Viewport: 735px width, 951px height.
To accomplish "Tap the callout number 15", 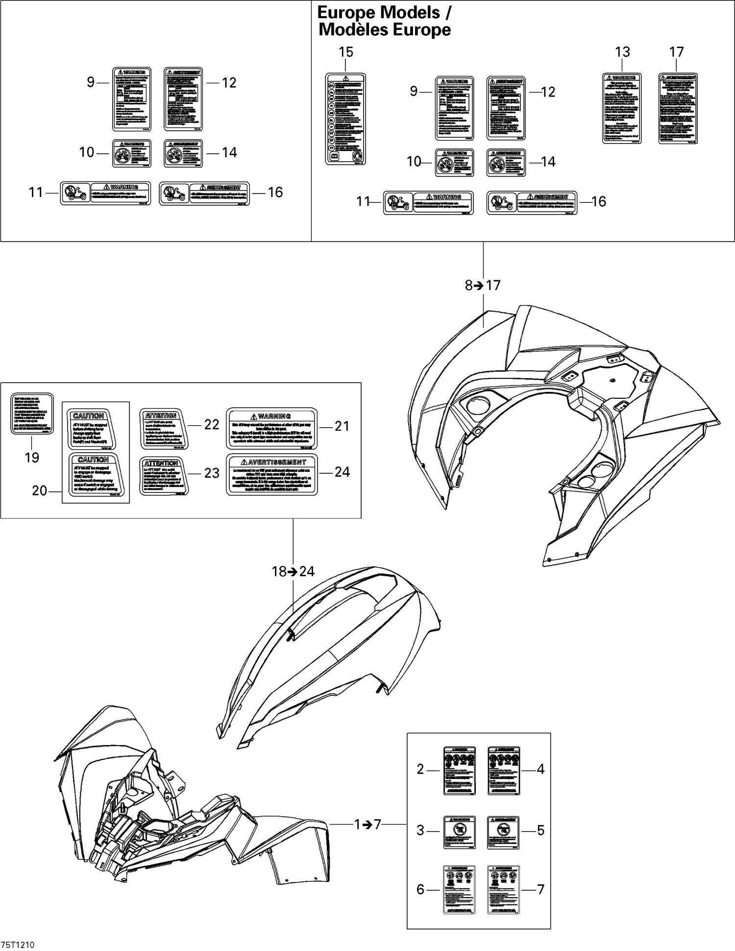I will (x=346, y=52).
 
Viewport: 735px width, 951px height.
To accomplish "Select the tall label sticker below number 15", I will (x=345, y=119).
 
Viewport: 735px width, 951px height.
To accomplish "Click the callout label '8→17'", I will (x=483, y=285).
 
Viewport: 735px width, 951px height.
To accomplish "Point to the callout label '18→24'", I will (x=294, y=571).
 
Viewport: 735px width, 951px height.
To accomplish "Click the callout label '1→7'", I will (x=367, y=825).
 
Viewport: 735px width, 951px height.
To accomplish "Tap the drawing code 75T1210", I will (x=18, y=945).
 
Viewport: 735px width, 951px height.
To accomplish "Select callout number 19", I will (x=32, y=457).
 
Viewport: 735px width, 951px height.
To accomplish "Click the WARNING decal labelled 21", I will (x=271, y=429).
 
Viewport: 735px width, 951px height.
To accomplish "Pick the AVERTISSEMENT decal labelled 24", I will (x=271, y=474).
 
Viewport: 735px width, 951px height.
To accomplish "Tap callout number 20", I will (x=40, y=490).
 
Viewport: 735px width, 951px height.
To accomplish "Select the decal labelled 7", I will (x=503, y=889).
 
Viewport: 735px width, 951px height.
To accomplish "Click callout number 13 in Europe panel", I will (x=622, y=52).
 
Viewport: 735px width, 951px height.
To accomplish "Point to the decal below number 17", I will (x=678, y=108).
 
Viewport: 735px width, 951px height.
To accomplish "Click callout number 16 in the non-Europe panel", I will (x=275, y=193).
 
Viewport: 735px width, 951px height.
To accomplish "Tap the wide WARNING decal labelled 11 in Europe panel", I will (x=428, y=203).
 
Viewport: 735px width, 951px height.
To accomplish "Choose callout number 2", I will (x=420, y=769).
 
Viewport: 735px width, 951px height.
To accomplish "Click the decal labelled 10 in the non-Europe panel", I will (x=132, y=153).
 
